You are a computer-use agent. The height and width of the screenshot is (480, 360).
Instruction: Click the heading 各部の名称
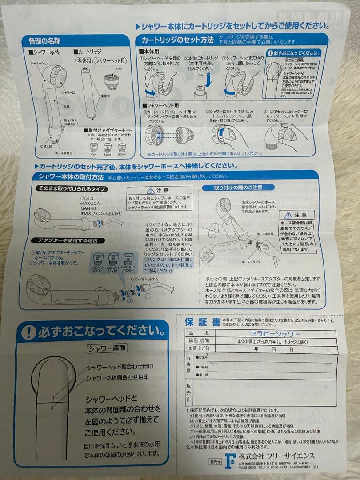[x=44, y=41]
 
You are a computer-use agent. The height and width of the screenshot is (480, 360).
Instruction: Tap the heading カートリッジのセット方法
[x=178, y=40]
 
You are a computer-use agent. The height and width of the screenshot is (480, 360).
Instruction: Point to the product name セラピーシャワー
[x=270, y=333]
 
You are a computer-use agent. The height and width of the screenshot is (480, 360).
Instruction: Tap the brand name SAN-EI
[x=89, y=208]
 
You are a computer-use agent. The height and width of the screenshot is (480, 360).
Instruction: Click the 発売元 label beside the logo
[x=215, y=462]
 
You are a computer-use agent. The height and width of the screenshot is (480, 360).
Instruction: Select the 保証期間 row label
[x=199, y=341]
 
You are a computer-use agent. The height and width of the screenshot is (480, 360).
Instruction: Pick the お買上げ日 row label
[x=200, y=348]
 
